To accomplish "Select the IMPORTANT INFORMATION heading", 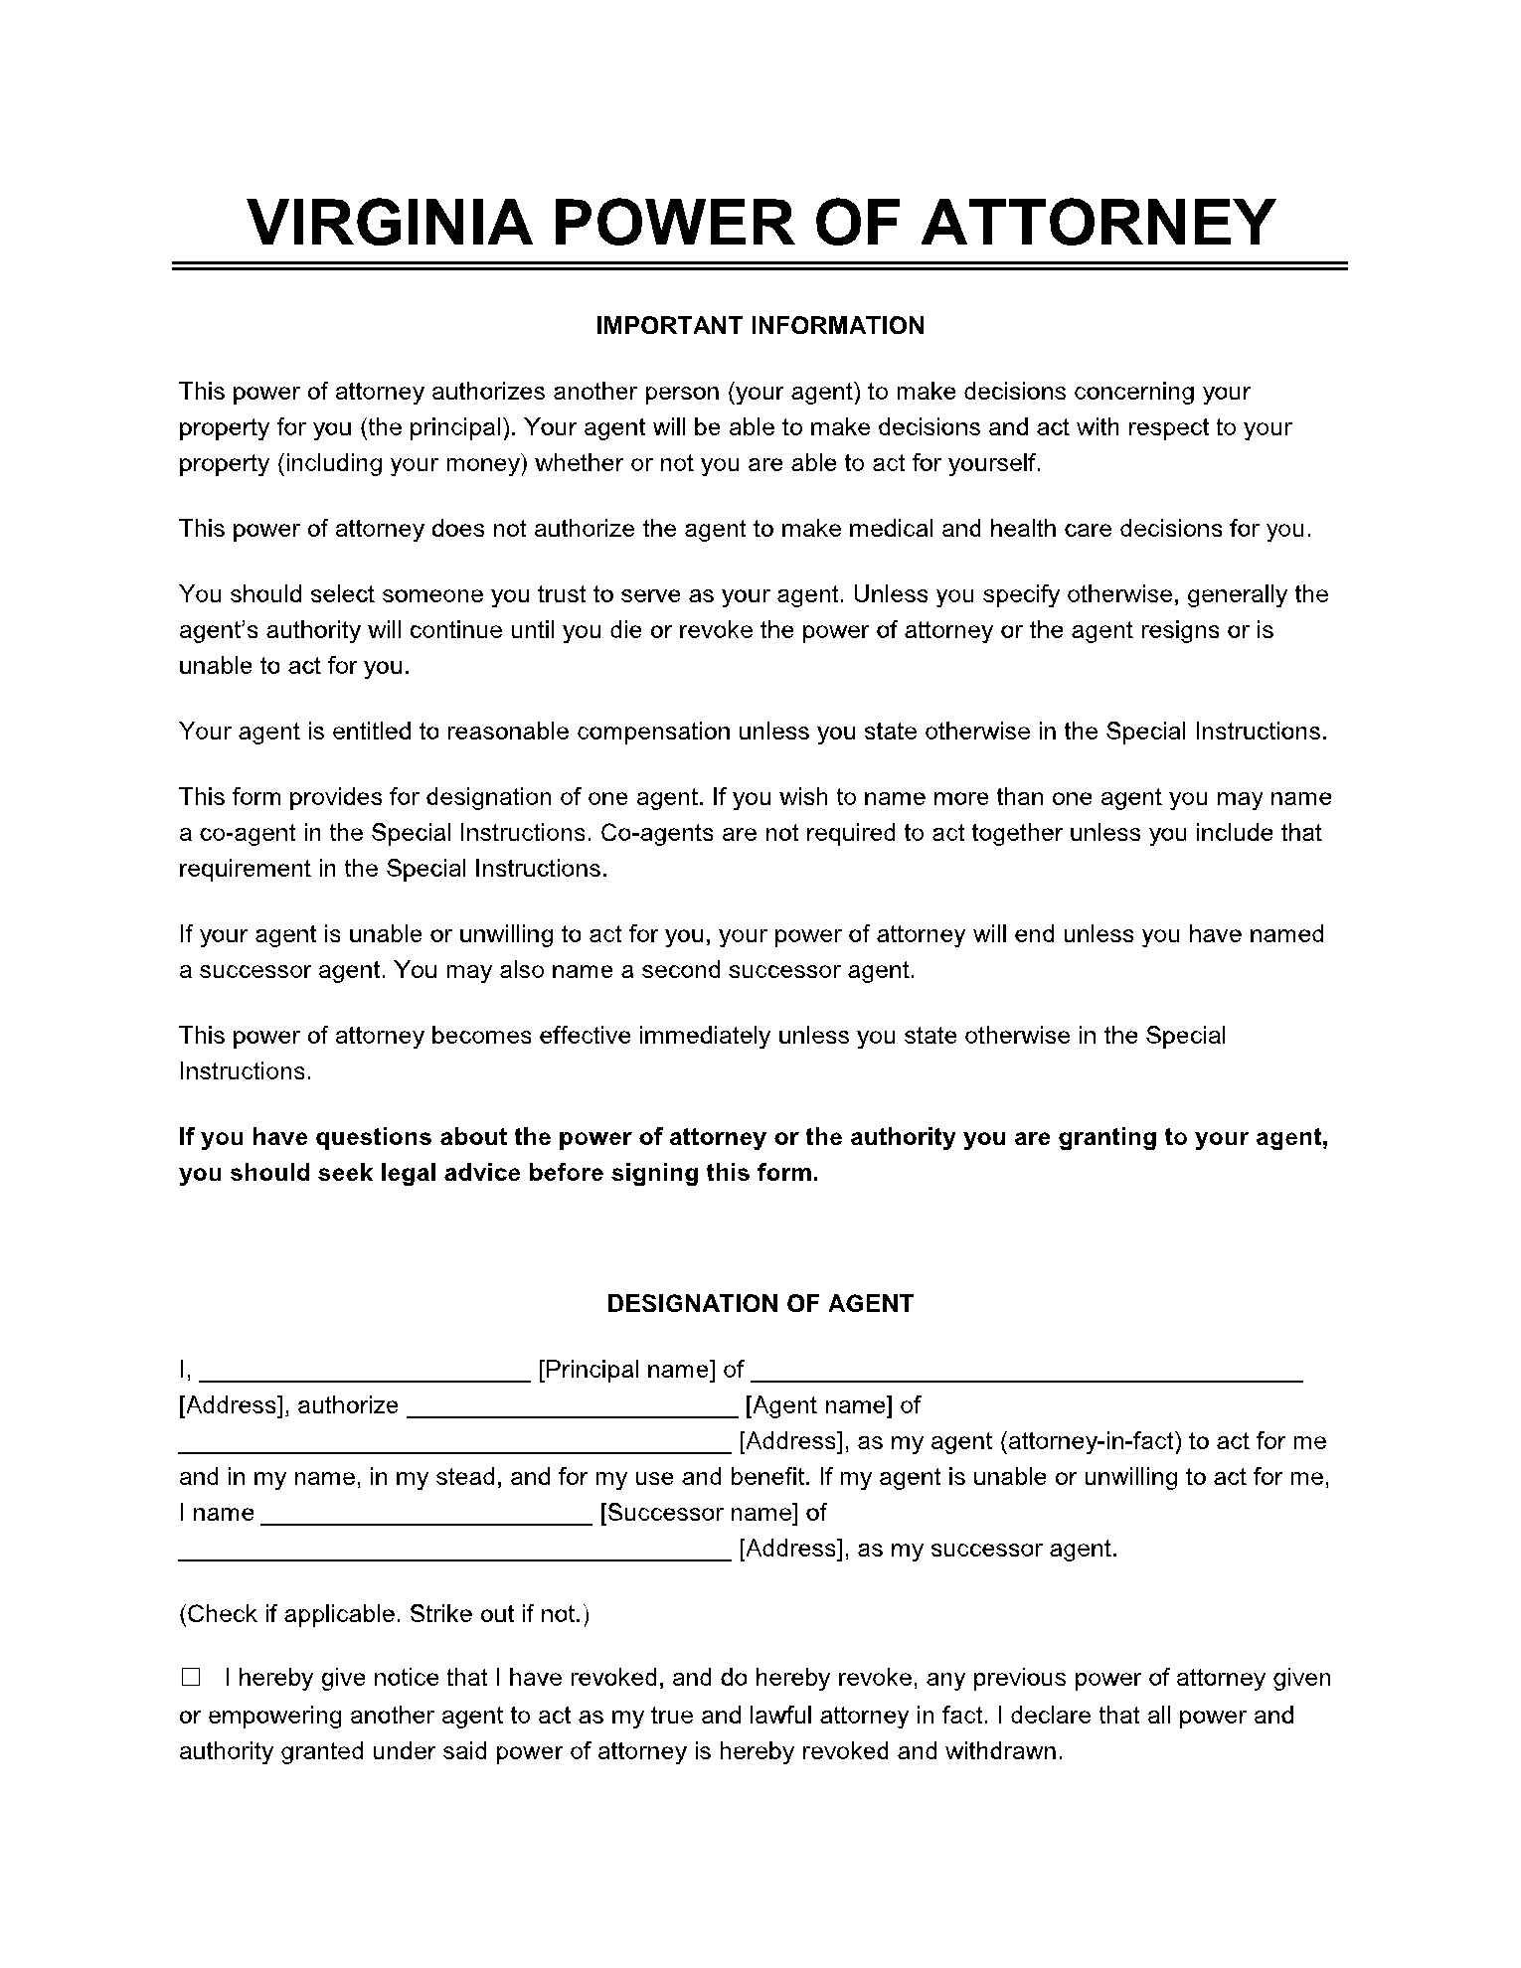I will (x=760, y=326).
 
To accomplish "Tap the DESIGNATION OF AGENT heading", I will (x=760, y=1303).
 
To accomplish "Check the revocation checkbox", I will (x=191, y=1678).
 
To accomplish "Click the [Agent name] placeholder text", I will (x=819, y=1405).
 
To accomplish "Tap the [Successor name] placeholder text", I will (x=700, y=1513).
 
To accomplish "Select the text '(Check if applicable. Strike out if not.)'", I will (x=385, y=1613).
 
